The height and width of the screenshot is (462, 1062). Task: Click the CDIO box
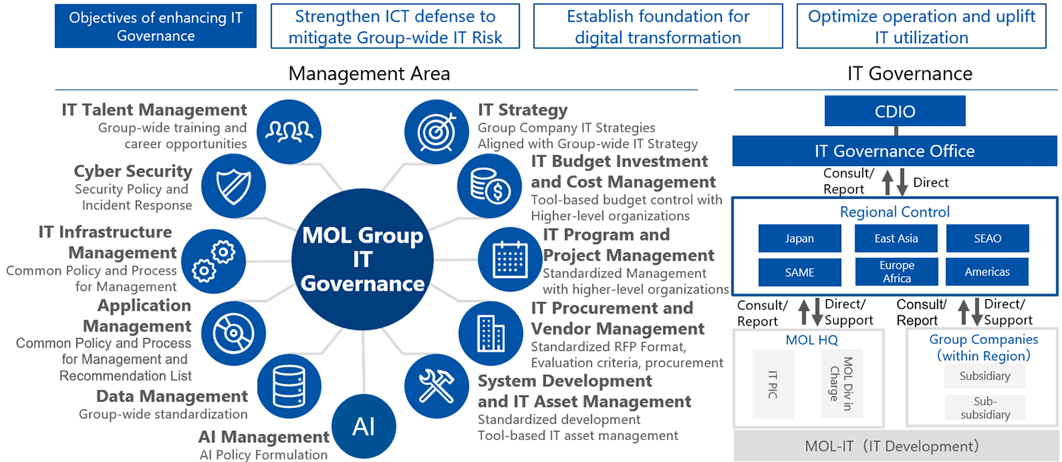895,111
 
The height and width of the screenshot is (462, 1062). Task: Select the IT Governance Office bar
895,151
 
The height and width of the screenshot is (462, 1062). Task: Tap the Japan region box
799,238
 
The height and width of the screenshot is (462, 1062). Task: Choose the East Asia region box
896,238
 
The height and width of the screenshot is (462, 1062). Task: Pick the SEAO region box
988,238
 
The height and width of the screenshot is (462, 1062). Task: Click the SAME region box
799,272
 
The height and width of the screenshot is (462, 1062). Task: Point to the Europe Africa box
896,272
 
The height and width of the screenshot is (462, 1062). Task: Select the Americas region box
987,272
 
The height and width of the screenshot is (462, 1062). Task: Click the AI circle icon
364,426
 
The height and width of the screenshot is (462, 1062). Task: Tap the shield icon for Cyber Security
233,186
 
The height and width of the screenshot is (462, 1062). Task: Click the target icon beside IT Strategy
437,132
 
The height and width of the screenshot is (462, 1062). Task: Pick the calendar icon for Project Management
510,260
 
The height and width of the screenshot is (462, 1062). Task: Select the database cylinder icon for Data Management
289,386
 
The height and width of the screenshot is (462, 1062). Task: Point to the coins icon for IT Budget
490,186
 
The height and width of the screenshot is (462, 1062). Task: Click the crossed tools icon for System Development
437,386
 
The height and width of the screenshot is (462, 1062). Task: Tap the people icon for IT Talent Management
289,132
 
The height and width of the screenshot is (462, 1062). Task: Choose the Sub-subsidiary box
986,408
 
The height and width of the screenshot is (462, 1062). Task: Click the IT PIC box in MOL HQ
773,384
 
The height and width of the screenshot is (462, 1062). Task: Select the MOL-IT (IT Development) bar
895,446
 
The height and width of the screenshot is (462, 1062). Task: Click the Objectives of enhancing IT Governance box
156,26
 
